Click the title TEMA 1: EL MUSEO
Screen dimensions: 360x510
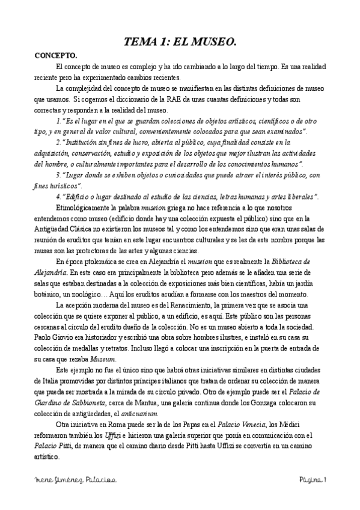pyautogui.click(x=180, y=42)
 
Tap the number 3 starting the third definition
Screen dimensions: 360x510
pyautogui.click(x=57, y=174)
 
